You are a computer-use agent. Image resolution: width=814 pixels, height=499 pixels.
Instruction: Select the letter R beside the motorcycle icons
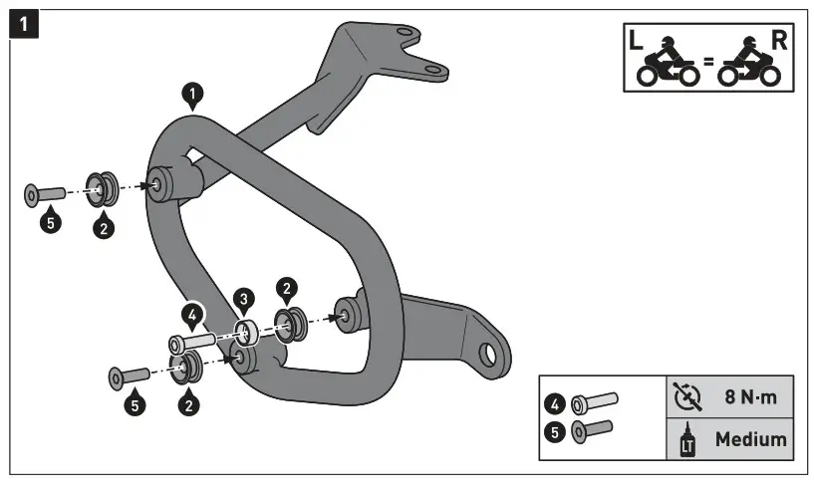click(779, 42)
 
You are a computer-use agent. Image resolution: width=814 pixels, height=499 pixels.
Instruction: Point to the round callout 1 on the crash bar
click(192, 95)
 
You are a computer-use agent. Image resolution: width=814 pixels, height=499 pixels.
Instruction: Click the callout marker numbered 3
click(243, 299)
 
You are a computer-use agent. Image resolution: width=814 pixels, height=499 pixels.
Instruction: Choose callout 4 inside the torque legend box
click(554, 403)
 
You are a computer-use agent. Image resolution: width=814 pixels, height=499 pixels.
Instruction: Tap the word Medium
click(749, 438)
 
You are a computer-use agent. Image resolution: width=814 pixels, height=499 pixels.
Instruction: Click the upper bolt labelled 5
click(44, 192)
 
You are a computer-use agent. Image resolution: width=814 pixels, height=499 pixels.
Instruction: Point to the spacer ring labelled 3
click(245, 330)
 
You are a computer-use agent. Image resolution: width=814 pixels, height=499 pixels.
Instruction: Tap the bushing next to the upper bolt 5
click(101, 186)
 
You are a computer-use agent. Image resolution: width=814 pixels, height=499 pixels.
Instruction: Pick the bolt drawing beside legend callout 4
click(594, 402)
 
